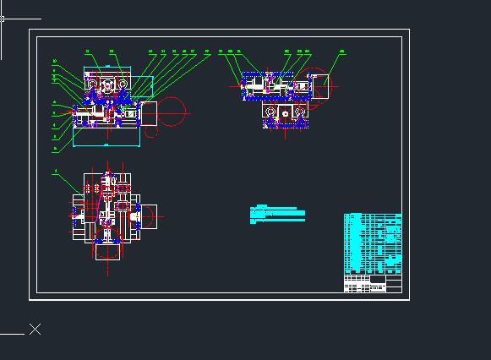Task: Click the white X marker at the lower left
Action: (35, 329)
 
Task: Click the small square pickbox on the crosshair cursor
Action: (3, 18)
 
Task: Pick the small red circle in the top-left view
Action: (152, 130)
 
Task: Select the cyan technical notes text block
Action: (279, 214)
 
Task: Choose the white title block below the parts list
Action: (365, 284)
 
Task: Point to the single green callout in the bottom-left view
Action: (56, 172)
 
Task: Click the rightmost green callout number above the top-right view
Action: (342, 52)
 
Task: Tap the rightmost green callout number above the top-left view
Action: (207, 52)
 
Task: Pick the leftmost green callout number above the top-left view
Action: (87, 52)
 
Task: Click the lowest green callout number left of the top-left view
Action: (55, 148)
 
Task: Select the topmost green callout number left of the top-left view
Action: (55, 61)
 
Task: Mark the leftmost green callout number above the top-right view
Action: (221, 52)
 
